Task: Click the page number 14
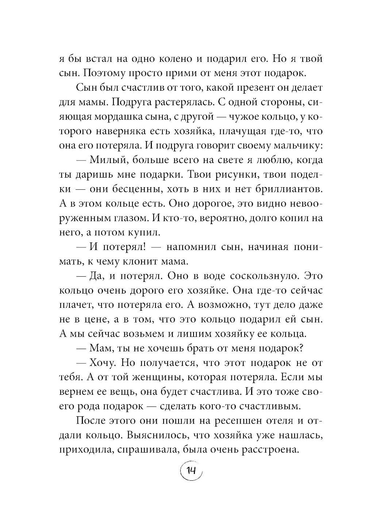(x=191, y=470)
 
